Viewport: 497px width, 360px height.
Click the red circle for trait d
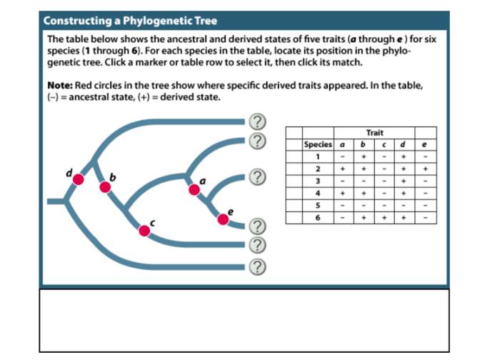pos(79,179)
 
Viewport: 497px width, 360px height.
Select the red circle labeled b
pos(105,187)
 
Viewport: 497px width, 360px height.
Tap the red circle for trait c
pos(144,229)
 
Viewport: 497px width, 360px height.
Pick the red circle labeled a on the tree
pos(194,189)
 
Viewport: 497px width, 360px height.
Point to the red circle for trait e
pos(223,219)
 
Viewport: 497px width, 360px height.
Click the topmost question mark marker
pos(258,121)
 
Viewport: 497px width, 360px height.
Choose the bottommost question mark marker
pos(258,267)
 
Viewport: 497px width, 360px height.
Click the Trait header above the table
pos(374,133)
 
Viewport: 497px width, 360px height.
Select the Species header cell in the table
pos(318,144)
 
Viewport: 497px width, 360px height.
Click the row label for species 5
pos(318,204)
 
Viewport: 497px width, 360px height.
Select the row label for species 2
pos(318,169)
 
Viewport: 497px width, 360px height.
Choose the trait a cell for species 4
pos(343,192)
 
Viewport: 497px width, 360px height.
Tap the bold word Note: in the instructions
pos(61,86)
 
